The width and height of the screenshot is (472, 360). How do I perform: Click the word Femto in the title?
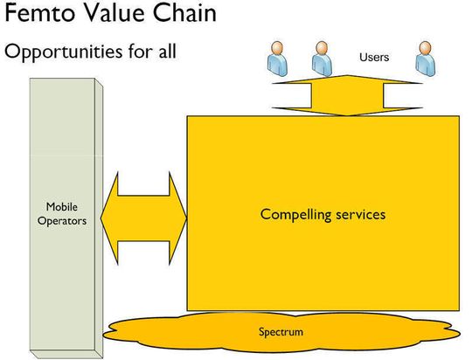[x=39, y=13]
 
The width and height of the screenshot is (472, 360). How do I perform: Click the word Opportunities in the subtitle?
[x=63, y=52]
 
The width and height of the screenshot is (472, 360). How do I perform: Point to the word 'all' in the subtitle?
[x=167, y=51]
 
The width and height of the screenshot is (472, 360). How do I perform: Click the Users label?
[x=374, y=57]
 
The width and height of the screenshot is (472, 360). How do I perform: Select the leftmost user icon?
[x=277, y=59]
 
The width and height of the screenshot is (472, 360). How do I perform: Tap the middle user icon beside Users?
[x=322, y=59]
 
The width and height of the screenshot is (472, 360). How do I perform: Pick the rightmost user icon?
[x=426, y=59]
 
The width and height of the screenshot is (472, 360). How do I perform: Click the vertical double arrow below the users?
[x=347, y=95]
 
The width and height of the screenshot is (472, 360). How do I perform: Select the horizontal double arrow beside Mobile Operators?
[x=143, y=218]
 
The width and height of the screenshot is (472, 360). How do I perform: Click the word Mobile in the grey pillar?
[x=62, y=207]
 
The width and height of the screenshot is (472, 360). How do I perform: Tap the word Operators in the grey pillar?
[x=62, y=221]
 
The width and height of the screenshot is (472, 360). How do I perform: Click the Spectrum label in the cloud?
[x=281, y=332]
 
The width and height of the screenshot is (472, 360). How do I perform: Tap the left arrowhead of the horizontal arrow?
[x=109, y=218]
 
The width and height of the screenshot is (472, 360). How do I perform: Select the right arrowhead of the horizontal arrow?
[x=178, y=218]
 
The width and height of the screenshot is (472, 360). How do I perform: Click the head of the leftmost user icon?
[x=277, y=48]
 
